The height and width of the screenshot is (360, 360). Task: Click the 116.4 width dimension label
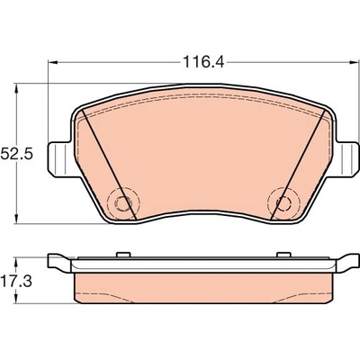[203, 62]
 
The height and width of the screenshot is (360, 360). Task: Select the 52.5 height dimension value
[16, 154]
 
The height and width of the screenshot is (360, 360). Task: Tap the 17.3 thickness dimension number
[16, 282]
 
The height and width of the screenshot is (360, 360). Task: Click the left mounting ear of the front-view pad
[60, 159]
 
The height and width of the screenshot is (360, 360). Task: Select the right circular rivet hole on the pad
[283, 204]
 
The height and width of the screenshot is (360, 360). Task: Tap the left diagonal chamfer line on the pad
[109, 165]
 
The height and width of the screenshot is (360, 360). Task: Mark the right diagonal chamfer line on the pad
[298, 165]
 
